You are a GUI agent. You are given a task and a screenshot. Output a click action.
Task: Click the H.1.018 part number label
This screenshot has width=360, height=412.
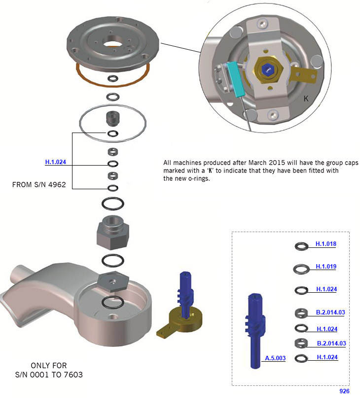click(325, 243)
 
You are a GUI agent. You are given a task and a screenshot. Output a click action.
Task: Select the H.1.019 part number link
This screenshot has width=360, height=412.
click(325, 267)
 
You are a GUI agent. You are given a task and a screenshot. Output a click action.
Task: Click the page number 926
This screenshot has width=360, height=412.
click(344, 391)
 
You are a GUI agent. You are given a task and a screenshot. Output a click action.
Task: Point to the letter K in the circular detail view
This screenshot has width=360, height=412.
click(306, 99)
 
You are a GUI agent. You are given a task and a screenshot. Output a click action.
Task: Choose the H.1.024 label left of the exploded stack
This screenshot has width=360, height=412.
click(55, 162)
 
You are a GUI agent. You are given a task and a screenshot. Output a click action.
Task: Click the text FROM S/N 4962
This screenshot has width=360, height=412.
click(39, 185)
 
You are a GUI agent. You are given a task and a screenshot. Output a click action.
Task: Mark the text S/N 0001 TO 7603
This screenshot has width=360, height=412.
click(49, 375)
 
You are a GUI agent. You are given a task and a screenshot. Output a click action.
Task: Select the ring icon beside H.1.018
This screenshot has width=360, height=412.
click(301, 246)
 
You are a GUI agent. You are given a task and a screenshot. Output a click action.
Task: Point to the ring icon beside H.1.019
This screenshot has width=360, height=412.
click(301, 269)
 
